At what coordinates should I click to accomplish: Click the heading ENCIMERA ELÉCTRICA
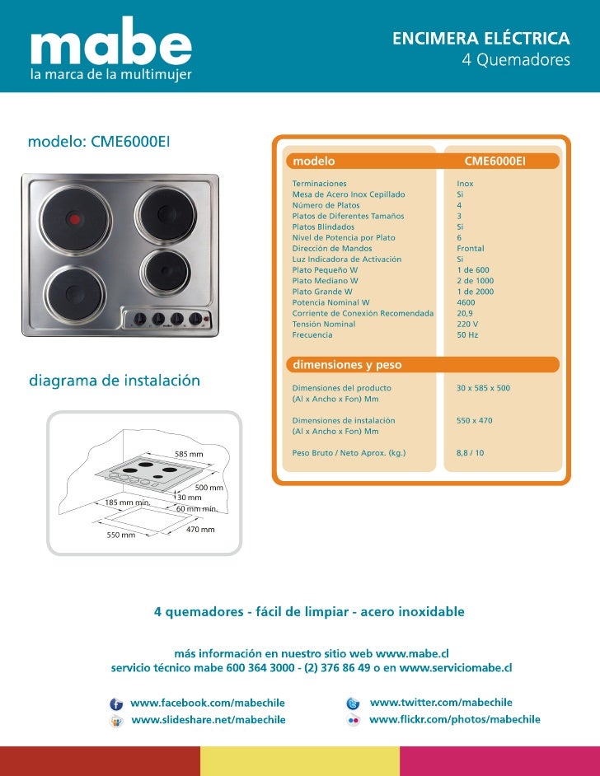(480, 39)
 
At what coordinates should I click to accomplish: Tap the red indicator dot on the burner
(73, 219)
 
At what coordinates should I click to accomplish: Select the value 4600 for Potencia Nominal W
(466, 302)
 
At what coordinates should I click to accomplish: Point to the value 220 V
(467, 324)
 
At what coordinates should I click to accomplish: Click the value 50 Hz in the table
(467, 335)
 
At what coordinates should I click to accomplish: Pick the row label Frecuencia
(312, 335)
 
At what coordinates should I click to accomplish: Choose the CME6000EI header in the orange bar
(495, 161)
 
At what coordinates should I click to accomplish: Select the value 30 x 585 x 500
(484, 387)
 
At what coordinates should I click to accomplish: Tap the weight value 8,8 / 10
(471, 453)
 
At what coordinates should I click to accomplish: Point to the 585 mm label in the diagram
(188, 455)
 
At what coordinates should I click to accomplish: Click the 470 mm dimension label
(201, 530)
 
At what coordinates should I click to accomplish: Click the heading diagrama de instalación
(115, 381)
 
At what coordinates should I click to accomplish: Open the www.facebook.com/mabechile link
(208, 703)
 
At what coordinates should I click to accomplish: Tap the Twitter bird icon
(353, 704)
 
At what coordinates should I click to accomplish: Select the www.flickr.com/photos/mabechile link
(454, 719)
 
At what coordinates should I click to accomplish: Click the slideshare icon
(116, 721)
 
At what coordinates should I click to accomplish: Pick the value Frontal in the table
(471, 248)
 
